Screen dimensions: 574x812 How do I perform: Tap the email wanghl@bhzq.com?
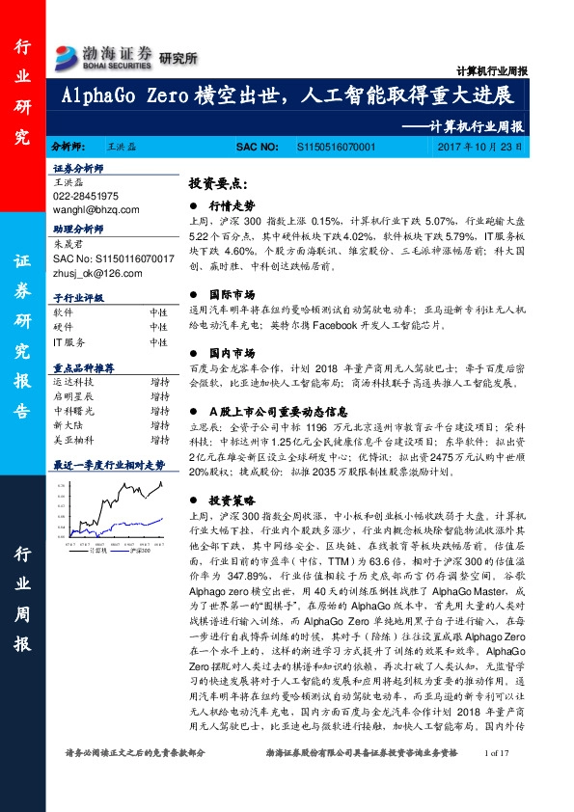pos(96,208)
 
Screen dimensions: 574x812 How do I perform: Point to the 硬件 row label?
pos(63,327)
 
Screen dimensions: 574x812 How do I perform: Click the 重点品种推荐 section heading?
pos(83,368)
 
